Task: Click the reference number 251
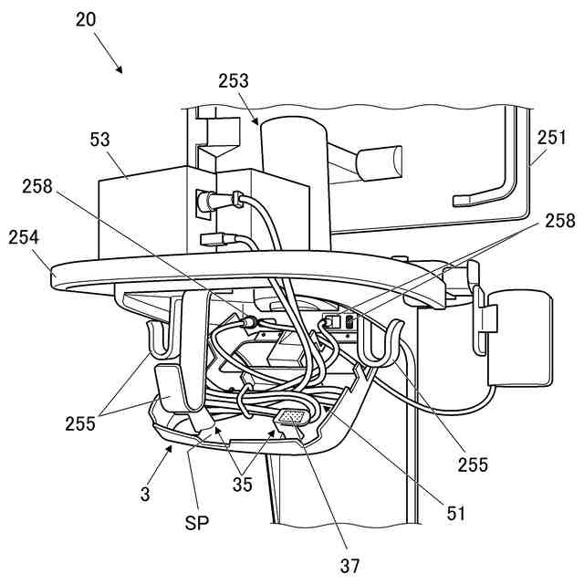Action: click(x=551, y=139)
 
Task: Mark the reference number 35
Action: click(x=242, y=485)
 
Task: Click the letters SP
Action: click(x=196, y=524)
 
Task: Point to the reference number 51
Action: click(x=455, y=513)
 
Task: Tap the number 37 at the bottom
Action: click(x=351, y=566)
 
